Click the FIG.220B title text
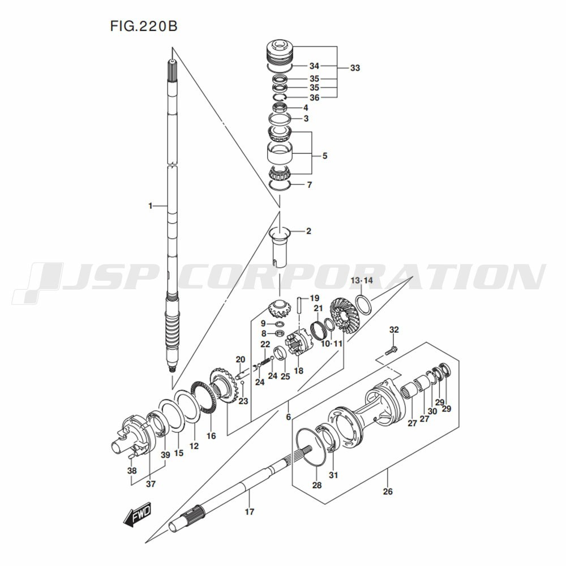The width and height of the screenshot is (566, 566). pyautogui.click(x=144, y=26)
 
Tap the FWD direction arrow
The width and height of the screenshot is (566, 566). pyautogui.click(x=137, y=514)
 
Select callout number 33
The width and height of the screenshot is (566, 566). pyautogui.click(x=355, y=68)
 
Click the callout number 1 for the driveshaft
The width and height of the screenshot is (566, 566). pyautogui.click(x=151, y=206)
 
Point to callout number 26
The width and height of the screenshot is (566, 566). pyautogui.click(x=388, y=491)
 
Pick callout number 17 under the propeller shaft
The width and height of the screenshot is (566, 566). pyautogui.click(x=250, y=512)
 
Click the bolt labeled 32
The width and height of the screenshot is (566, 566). pyautogui.click(x=391, y=350)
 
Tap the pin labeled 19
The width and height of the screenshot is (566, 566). pyautogui.click(x=299, y=306)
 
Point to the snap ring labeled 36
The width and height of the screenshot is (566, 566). pyautogui.click(x=279, y=97)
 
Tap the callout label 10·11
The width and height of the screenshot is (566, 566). pyautogui.click(x=331, y=344)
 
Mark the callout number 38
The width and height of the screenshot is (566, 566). pyautogui.click(x=132, y=471)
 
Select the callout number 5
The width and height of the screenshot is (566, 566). pyautogui.click(x=325, y=156)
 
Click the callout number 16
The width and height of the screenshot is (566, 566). pyautogui.click(x=211, y=436)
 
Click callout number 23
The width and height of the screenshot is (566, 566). pyautogui.click(x=243, y=401)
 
